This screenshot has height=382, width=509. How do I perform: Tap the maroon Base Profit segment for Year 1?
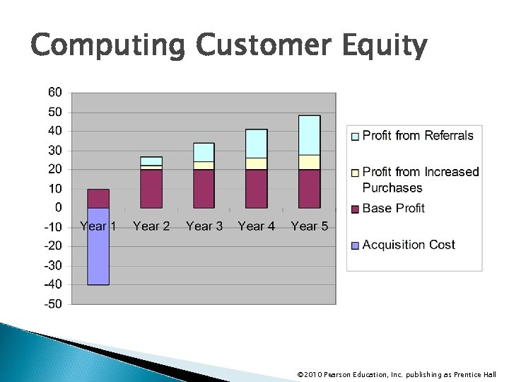click(x=98, y=199)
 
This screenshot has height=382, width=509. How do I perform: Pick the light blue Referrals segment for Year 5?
click(x=309, y=135)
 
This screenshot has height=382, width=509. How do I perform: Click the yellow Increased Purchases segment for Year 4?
click(x=257, y=163)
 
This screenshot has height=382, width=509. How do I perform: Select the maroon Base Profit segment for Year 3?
click(x=204, y=189)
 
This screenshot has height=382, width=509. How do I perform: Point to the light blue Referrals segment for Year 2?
click(x=151, y=161)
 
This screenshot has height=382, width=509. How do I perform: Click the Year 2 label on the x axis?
click(x=151, y=226)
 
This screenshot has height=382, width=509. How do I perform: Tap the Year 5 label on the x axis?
click(x=309, y=226)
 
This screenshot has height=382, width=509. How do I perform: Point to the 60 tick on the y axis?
click(x=54, y=92)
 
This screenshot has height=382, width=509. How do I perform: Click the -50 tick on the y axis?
click(x=53, y=304)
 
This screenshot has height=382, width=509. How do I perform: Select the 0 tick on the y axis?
click(x=58, y=208)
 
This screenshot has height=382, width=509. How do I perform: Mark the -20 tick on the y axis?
click(x=53, y=246)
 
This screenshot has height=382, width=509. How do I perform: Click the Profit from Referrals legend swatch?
click(x=355, y=136)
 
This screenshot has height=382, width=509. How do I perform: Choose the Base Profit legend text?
click(x=393, y=208)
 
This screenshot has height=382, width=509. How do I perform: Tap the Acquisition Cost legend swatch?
click(x=355, y=245)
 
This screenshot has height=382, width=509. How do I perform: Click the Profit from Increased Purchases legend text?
click(x=420, y=180)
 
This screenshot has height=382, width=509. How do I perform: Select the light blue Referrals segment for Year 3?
click(x=204, y=152)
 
